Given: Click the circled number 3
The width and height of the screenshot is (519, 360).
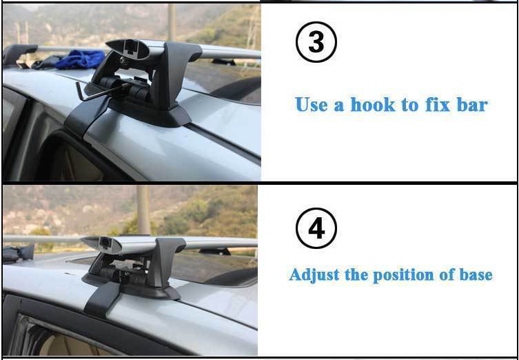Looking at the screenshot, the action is pos(316,42).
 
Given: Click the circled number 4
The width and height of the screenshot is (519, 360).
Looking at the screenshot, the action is pos(316,228).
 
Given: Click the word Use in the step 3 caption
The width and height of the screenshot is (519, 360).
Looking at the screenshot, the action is pos(311,105).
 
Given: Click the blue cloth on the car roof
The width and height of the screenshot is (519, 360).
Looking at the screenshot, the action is pos(80,59).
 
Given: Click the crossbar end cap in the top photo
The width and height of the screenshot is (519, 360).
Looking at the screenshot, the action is pos(128,50).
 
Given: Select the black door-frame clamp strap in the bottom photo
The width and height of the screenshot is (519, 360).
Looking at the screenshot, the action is pos(102,299).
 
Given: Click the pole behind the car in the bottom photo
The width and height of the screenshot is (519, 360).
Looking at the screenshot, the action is pos(143,210).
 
